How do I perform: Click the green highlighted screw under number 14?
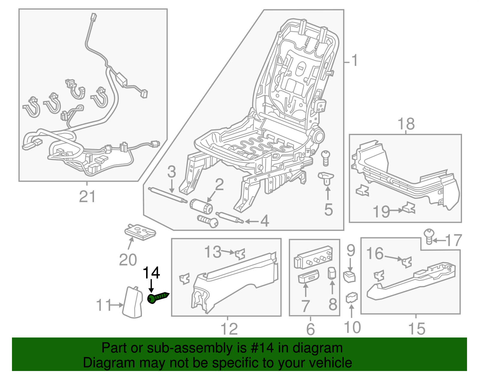[158, 298]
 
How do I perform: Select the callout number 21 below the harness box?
[87, 197]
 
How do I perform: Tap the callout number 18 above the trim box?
[406, 124]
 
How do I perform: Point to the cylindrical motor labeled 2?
[201, 206]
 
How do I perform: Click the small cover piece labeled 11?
[133, 302]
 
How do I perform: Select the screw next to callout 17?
[429, 236]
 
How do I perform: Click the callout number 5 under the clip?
[328, 209]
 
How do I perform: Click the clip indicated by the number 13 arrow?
[240, 254]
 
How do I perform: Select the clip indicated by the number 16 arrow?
[407, 262]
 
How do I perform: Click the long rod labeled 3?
[168, 195]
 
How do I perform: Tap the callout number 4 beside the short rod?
[265, 221]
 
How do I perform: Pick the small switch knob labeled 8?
[332, 273]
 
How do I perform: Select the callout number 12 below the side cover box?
[229, 329]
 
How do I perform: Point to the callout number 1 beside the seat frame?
[354, 61]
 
